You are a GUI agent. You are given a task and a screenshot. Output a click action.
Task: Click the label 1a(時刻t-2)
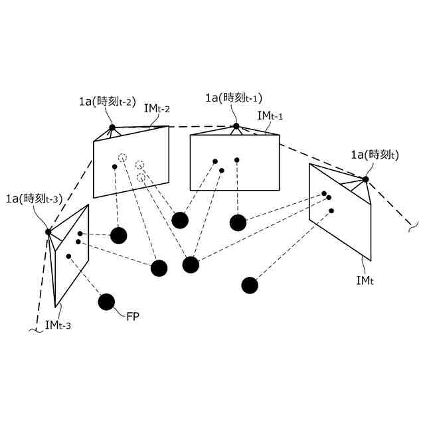pyautogui.click(x=107, y=102)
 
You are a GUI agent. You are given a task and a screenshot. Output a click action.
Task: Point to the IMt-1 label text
pyautogui.click(x=270, y=116)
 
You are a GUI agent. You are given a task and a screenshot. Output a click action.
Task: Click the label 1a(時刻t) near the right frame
pyautogui.click(x=375, y=155)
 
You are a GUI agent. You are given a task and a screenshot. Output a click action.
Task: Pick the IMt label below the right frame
pyautogui.click(x=365, y=281)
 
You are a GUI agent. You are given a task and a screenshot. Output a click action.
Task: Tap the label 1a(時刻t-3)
pyautogui.click(x=34, y=198)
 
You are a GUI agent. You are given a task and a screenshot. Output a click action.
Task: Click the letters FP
pyautogui.click(x=132, y=316)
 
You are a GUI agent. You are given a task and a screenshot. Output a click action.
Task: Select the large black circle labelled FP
pyautogui.click(x=106, y=302)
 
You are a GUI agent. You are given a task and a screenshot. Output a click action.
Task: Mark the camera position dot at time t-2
pyautogui.click(x=112, y=127)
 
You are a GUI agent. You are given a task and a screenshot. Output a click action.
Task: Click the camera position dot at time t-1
pyautogui.click(x=236, y=126)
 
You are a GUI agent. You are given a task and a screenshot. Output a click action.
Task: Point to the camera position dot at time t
pyautogui.click(x=365, y=179)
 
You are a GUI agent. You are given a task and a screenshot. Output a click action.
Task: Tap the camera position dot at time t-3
pyautogui.click(x=48, y=232)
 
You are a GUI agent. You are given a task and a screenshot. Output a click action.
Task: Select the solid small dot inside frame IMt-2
pyautogui.click(x=114, y=166)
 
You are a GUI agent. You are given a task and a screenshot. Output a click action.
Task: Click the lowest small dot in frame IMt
pyautogui.click(x=331, y=211)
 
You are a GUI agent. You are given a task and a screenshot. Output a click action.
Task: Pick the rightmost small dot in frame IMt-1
pyautogui.click(x=236, y=160)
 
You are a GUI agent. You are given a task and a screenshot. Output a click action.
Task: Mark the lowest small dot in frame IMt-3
pyautogui.click(x=68, y=256)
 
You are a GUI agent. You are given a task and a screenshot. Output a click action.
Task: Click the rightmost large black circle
pyautogui.click(x=250, y=286)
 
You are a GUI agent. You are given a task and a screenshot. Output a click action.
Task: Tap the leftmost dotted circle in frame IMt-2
pyautogui.click(x=122, y=157)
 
